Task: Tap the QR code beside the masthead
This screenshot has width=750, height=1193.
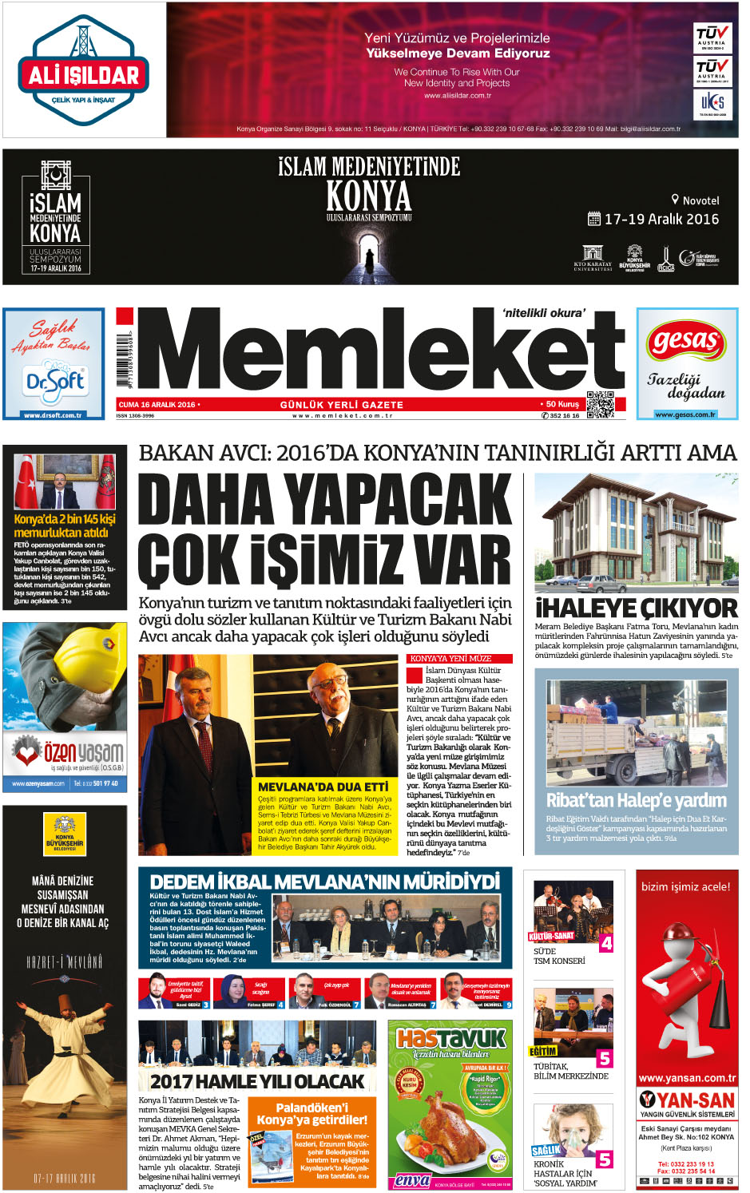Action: [600, 404]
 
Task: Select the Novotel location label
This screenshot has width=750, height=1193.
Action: [696, 200]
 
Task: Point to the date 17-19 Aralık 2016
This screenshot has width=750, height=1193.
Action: [661, 219]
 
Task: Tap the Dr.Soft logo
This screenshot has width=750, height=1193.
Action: [54, 380]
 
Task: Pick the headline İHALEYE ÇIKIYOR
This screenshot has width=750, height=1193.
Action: [636, 608]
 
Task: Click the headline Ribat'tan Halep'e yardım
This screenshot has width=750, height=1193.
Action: [636, 800]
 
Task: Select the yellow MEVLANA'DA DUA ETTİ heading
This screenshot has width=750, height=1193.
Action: [323, 787]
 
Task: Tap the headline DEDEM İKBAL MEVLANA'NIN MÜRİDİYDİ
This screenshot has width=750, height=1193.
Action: [324, 882]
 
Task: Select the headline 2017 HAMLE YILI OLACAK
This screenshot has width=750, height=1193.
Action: [257, 1082]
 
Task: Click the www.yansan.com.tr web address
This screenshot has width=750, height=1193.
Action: [687, 1078]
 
